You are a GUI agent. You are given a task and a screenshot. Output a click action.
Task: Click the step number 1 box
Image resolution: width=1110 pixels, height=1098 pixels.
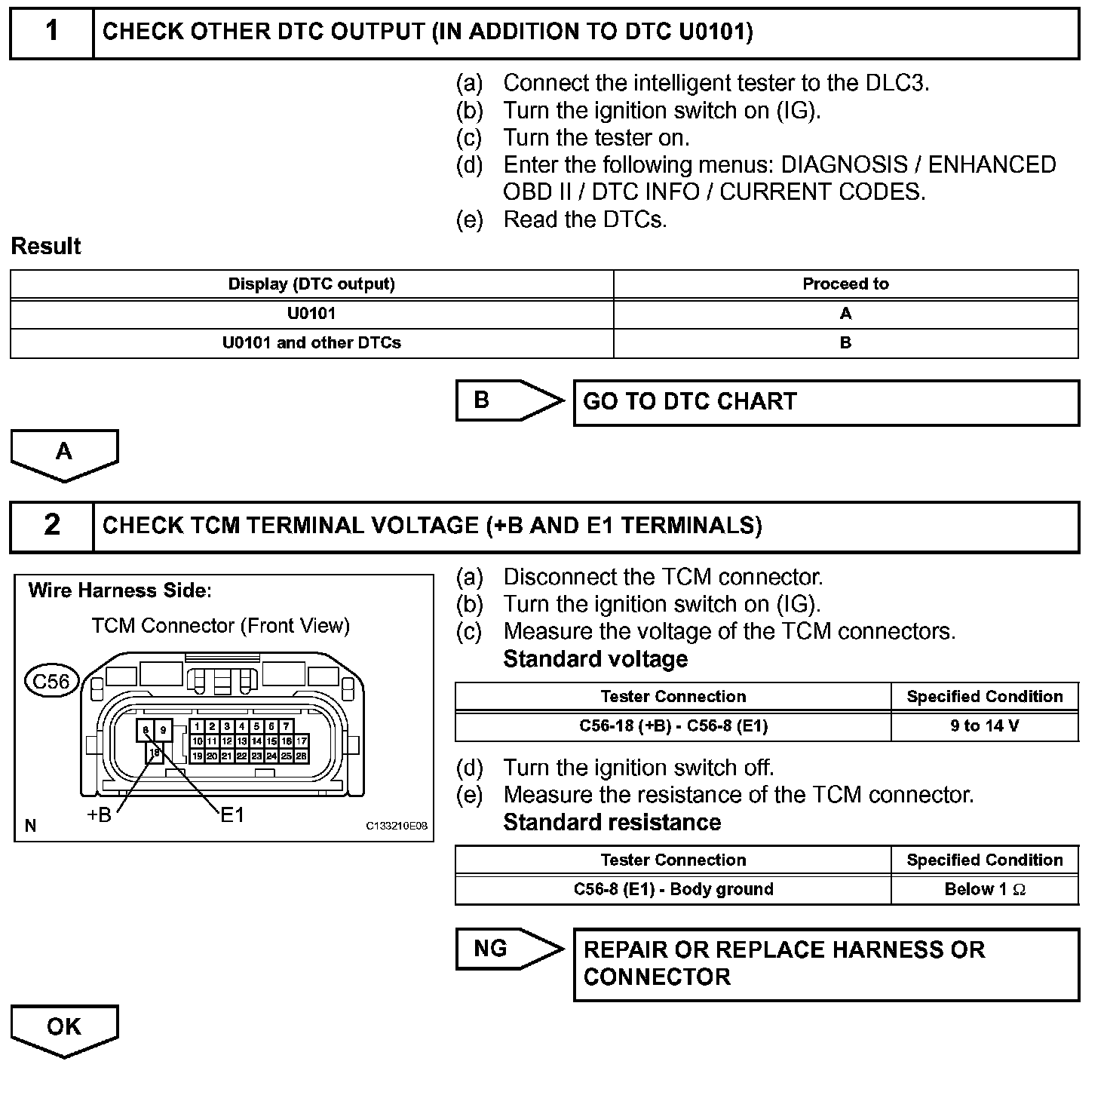coord(51,32)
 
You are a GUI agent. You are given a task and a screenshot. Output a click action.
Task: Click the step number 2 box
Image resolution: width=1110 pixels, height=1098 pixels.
coord(51,526)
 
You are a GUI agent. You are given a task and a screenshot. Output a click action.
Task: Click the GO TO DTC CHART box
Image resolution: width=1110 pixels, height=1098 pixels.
coord(826,402)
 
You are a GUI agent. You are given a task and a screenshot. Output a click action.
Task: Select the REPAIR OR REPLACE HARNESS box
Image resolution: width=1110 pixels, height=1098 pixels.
coord(826,964)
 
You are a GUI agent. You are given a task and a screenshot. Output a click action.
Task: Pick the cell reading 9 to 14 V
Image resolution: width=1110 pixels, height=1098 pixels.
coord(984,726)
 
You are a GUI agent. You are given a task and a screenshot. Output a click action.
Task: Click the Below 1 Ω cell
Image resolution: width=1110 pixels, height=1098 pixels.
coord(984,890)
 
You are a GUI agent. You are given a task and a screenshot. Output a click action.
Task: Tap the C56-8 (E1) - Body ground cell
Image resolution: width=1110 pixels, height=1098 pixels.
coord(673,890)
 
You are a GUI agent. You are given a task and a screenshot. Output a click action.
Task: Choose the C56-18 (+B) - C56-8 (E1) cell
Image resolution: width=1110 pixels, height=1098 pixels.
coord(673,726)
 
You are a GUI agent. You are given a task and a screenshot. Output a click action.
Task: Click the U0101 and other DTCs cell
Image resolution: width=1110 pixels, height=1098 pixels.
coord(311,343)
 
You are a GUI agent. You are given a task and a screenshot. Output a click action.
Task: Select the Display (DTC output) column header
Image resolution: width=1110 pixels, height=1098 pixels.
coord(311,284)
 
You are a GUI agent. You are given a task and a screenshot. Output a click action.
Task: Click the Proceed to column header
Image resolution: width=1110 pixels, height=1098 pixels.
coord(845,284)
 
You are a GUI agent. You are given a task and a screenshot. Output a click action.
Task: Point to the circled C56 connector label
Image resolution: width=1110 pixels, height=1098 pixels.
coord(51,682)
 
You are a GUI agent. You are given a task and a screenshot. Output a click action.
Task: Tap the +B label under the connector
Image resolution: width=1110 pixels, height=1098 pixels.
coord(99,815)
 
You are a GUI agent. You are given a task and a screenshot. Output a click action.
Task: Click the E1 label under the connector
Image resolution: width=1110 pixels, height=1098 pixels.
coord(232,815)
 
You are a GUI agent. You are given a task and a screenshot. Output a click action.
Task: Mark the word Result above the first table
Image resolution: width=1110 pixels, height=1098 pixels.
coord(46,247)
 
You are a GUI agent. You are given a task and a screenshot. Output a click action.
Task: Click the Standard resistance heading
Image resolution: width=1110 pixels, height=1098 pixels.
coord(612,822)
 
